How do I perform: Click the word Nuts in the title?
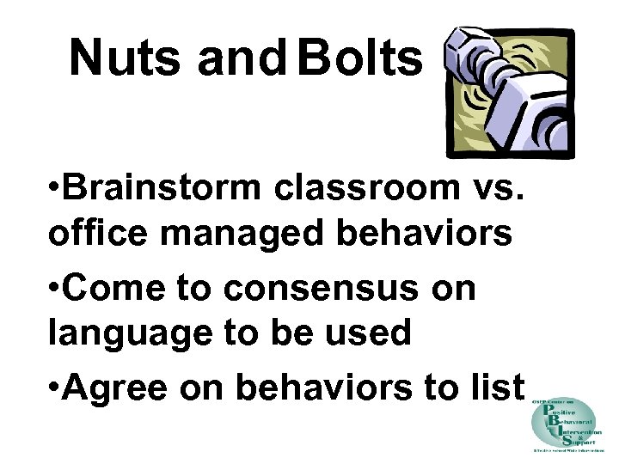pyautogui.click(x=126, y=58)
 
